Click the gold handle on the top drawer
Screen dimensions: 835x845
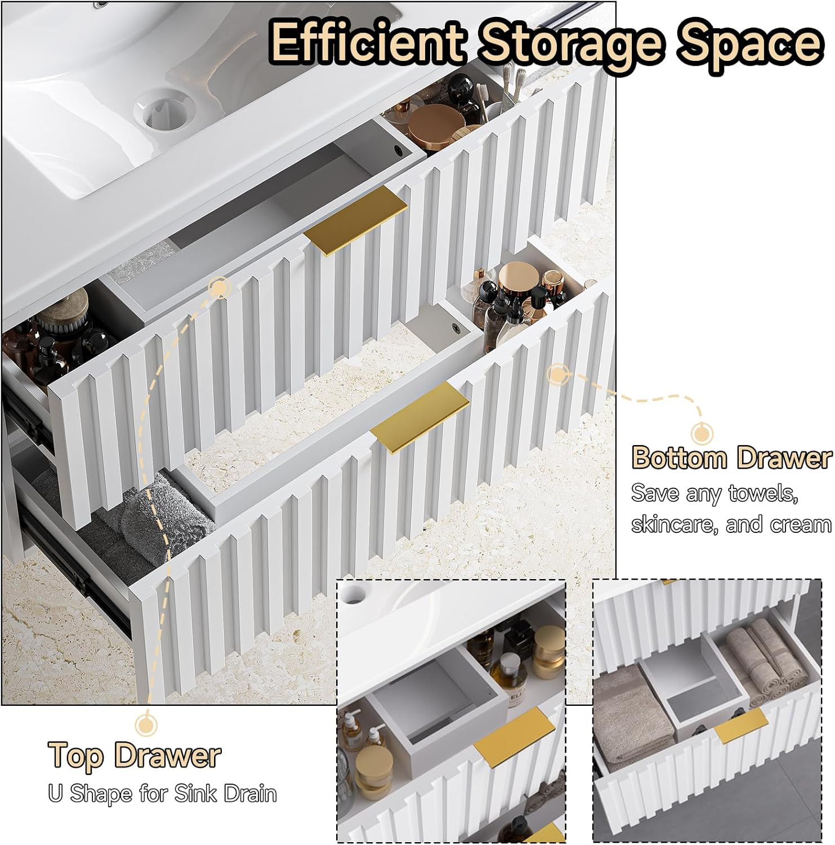coord(356,221)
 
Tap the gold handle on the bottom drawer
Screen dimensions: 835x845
coord(420,416)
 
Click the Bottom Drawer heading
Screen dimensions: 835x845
coord(731,457)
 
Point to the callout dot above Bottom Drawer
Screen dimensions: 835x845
coord(702,434)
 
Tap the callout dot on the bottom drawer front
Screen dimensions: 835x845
coord(557,374)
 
